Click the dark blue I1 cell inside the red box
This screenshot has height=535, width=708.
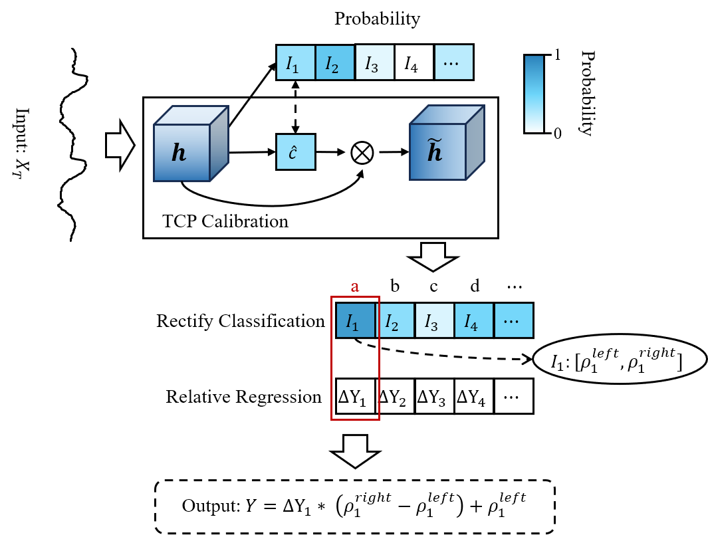pyautogui.click(x=356, y=320)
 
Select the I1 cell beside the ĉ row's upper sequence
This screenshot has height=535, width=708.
pyautogui.click(x=296, y=62)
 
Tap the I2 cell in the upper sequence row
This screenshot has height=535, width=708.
pyautogui.click(x=335, y=62)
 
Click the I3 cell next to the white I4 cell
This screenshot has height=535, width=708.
pyautogui.click(x=375, y=62)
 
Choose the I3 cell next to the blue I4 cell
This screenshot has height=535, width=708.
pyautogui.click(x=435, y=320)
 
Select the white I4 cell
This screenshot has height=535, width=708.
pyautogui.click(x=414, y=62)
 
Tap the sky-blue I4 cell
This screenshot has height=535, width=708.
pyautogui.click(x=474, y=320)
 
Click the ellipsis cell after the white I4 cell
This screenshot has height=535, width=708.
pyautogui.click(x=454, y=62)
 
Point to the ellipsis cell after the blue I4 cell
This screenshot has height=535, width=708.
pyautogui.click(x=514, y=320)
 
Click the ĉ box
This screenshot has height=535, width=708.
pyautogui.click(x=296, y=152)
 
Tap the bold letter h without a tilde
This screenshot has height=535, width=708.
pyautogui.click(x=179, y=153)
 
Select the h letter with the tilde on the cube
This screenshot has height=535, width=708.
pyautogui.click(x=435, y=152)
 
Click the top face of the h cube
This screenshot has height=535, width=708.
pyautogui.click(x=191, y=115)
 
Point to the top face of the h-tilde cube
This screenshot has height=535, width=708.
pyautogui.click(x=447, y=114)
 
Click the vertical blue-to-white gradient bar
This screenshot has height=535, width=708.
pyautogui.click(x=534, y=94)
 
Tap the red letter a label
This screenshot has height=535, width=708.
pyautogui.click(x=355, y=287)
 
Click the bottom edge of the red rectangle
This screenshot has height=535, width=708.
pyautogui.click(x=355, y=420)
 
